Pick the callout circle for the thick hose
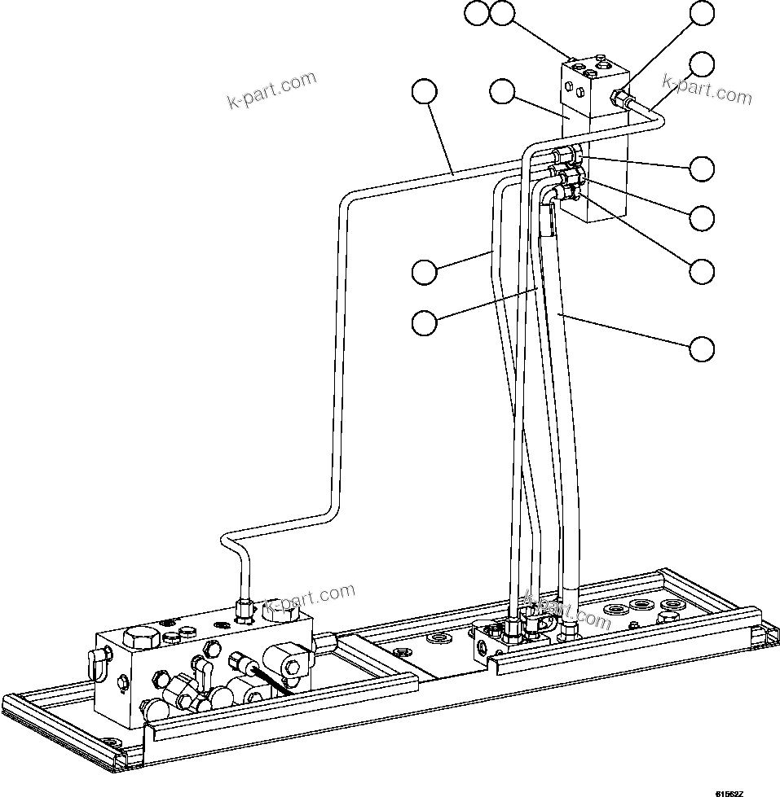702,348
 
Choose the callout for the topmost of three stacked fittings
702,168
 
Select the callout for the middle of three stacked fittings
702,217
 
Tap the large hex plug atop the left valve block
138,639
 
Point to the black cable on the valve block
272,681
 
